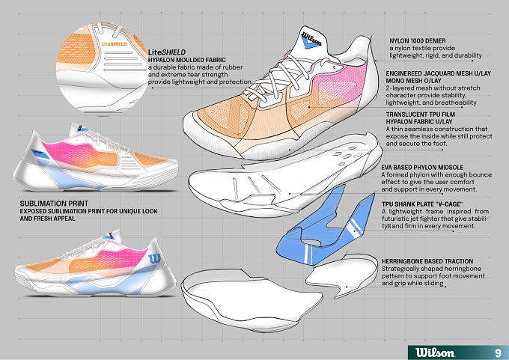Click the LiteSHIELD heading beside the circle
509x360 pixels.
(167, 52)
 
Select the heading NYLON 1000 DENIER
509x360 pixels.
(418, 41)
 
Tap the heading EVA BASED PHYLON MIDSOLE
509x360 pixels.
(422, 168)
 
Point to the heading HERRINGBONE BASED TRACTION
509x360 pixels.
(427, 261)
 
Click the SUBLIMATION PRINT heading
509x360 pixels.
(54, 204)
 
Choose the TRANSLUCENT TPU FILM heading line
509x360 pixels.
(421, 115)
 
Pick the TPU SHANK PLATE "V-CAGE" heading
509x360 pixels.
(421, 204)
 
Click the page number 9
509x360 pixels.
(498, 353)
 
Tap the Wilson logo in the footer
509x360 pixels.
(435, 353)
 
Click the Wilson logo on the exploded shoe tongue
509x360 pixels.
(311, 40)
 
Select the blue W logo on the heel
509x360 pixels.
(154, 259)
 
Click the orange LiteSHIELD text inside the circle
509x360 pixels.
(114, 44)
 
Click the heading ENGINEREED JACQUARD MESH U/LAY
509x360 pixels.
(438, 73)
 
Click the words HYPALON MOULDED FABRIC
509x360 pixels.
(186, 60)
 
